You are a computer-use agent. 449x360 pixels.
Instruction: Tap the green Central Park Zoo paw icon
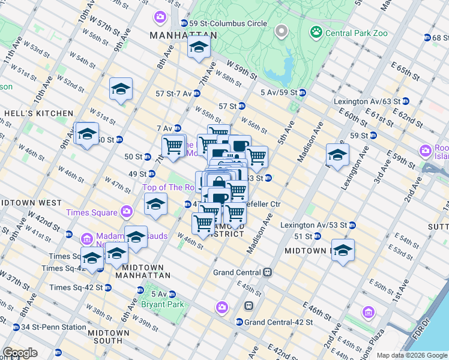coord(315,31)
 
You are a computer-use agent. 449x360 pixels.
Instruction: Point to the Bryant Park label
coord(158,304)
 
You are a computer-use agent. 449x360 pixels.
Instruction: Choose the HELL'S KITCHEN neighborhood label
coord(38,113)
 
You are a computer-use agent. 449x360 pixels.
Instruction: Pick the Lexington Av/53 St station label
coord(313,225)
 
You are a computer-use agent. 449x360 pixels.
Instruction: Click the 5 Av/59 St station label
coord(279,92)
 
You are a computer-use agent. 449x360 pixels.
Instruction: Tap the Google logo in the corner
coord(20,353)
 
